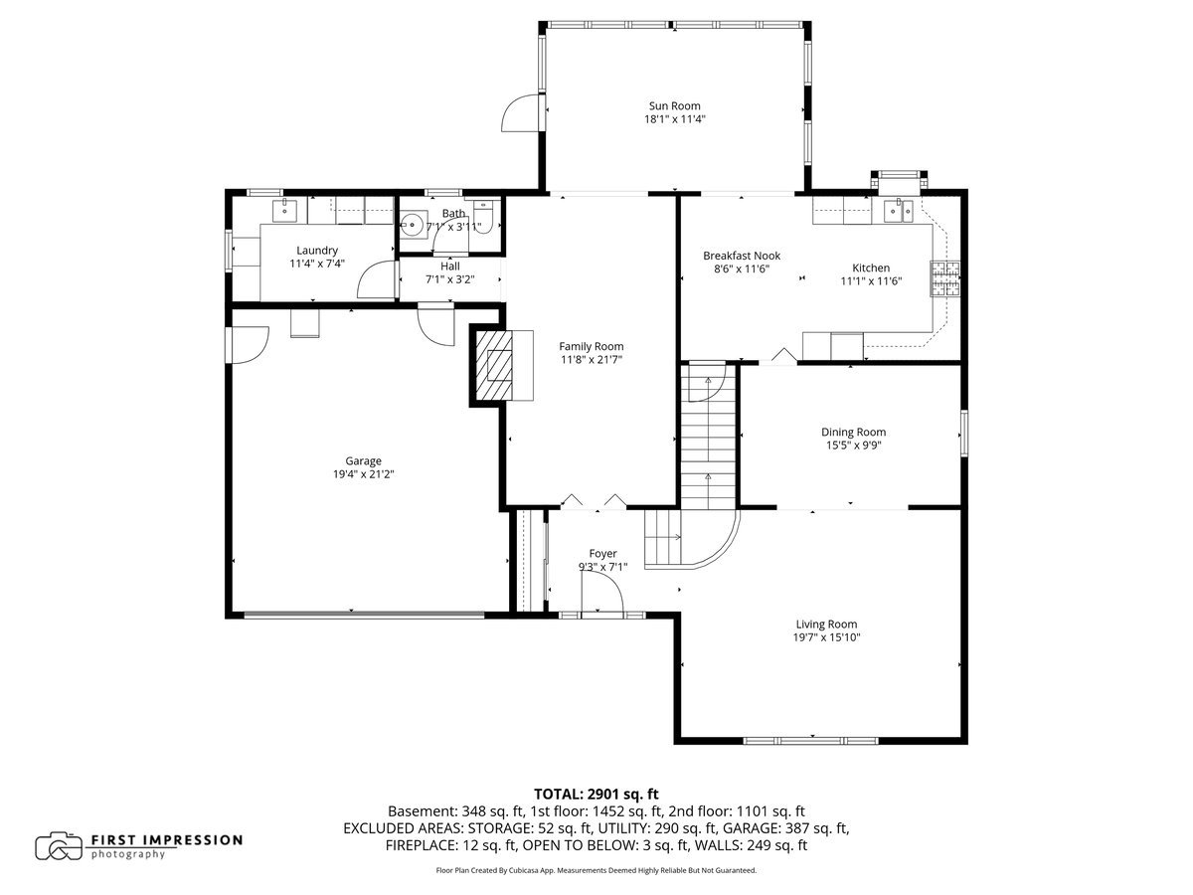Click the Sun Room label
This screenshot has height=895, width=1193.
(x=675, y=105)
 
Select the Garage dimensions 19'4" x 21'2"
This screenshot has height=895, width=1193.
(x=363, y=474)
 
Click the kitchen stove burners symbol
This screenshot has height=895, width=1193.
(x=945, y=278)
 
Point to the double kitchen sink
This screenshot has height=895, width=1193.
(x=902, y=210)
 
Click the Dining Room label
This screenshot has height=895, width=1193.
(x=853, y=432)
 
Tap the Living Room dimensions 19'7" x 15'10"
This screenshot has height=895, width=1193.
(x=826, y=637)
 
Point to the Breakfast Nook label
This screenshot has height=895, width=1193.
(x=742, y=256)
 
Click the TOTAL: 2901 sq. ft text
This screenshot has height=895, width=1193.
(x=596, y=794)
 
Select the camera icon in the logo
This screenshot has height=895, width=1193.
(x=59, y=845)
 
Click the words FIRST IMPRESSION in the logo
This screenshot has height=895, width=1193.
(x=166, y=840)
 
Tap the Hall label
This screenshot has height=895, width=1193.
(x=449, y=267)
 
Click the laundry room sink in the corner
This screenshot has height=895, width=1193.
(x=285, y=210)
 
